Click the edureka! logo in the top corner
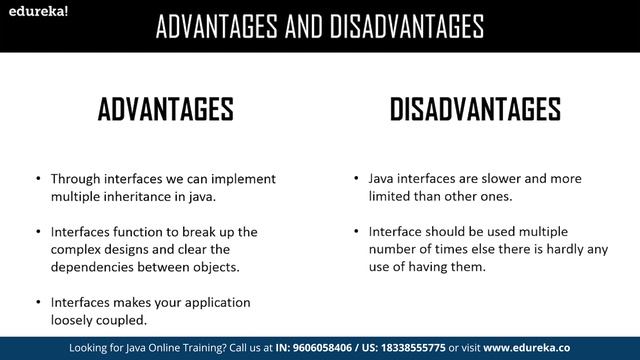34,12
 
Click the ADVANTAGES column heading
165,109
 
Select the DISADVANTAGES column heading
475,109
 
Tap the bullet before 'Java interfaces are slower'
358,179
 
